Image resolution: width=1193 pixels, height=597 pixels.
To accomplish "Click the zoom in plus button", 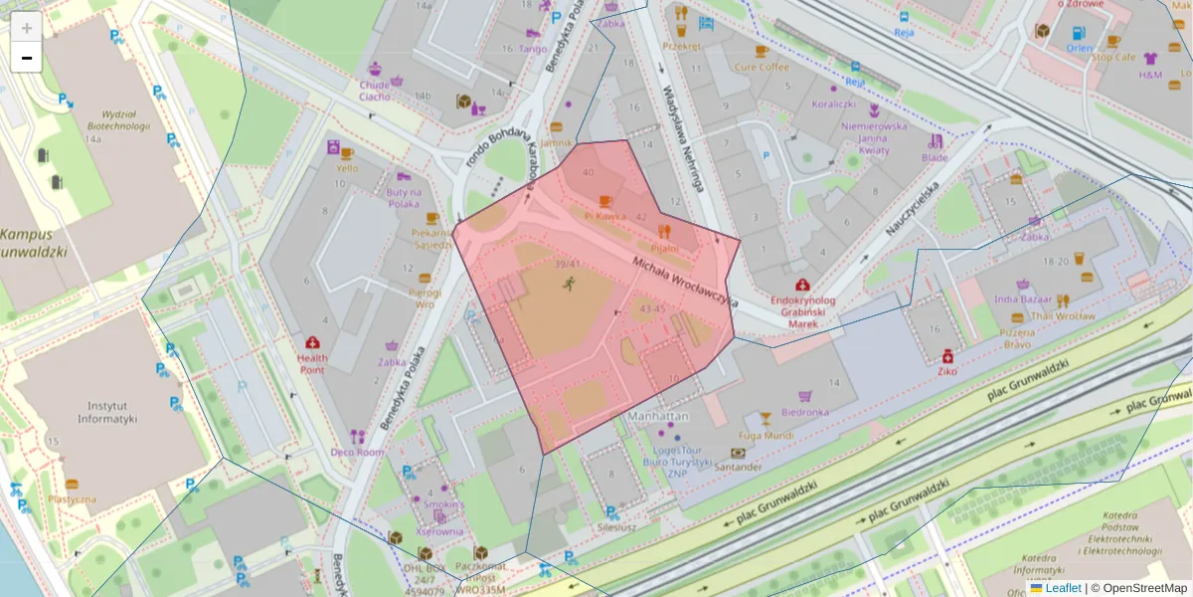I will tap(27, 27).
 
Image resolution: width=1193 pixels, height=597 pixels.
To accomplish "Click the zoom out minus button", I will tap(27, 58).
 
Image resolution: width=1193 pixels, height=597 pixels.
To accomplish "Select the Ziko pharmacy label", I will tap(947, 371).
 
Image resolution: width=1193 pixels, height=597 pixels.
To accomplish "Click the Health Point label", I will tap(312, 364).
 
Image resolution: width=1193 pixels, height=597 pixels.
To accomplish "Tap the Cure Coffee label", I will tap(762, 67).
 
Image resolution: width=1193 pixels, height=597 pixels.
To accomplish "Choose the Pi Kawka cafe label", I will tap(604, 214).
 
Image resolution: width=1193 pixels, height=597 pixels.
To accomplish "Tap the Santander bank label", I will tap(737, 466).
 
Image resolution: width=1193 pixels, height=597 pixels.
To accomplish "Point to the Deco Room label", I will tap(357, 452).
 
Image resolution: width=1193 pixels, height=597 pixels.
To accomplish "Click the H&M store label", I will tap(1150, 75).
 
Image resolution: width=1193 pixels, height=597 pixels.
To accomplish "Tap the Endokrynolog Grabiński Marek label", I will tap(802, 310).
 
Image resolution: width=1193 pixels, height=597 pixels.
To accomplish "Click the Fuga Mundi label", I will tap(766, 435).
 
